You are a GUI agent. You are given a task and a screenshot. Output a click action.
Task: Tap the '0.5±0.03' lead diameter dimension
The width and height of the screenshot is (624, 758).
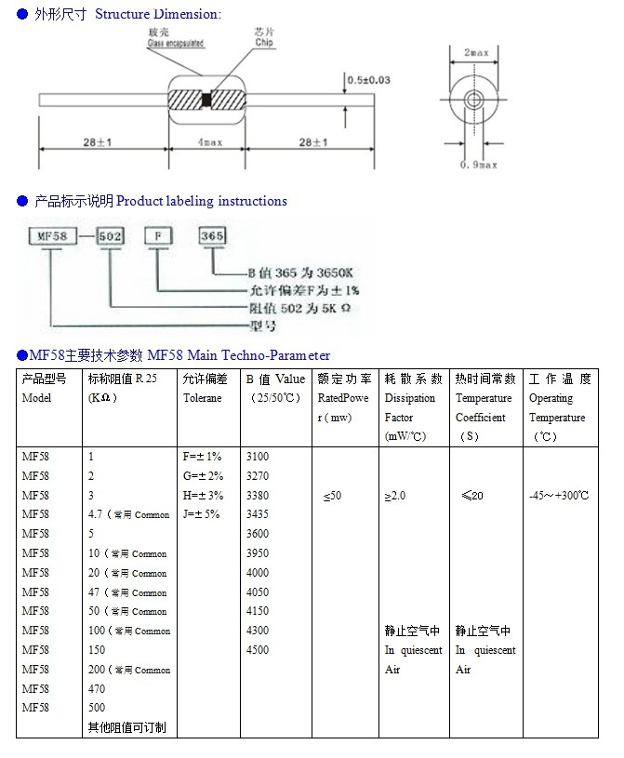pyautogui.click(x=367, y=81)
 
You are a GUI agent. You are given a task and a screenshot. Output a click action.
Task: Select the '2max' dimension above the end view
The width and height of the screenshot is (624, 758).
pyautogui.click(x=476, y=53)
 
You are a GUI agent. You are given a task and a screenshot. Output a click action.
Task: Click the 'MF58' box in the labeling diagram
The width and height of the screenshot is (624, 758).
pyautogui.click(x=51, y=236)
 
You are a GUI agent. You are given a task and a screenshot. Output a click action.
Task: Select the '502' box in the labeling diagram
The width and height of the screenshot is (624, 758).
pyautogui.click(x=111, y=236)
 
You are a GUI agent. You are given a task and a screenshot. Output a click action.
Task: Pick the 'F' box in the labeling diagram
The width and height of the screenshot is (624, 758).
pyautogui.click(x=158, y=236)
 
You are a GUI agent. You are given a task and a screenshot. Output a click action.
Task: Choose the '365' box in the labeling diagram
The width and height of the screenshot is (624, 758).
pyautogui.click(x=212, y=236)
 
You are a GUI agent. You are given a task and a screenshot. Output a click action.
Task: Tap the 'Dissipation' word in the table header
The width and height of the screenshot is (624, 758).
pyautogui.click(x=409, y=398)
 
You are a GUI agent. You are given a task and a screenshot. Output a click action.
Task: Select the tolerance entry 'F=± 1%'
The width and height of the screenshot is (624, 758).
pyautogui.click(x=202, y=457)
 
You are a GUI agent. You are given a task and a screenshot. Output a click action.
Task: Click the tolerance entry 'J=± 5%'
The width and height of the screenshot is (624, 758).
pyautogui.click(x=202, y=514)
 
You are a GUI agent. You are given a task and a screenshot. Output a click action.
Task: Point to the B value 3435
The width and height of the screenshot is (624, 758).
pyautogui.click(x=258, y=514)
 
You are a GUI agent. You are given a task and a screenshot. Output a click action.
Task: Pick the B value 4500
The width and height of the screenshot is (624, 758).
pyautogui.click(x=258, y=650)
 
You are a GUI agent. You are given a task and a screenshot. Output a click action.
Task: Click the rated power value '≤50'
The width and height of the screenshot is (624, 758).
pyautogui.click(x=332, y=496)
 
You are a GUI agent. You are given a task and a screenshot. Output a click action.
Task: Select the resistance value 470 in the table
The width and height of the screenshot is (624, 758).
pyautogui.click(x=97, y=689)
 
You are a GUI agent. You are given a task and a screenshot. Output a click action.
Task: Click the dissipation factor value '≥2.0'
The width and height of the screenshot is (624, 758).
pyautogui.click(x=395, y=496)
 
